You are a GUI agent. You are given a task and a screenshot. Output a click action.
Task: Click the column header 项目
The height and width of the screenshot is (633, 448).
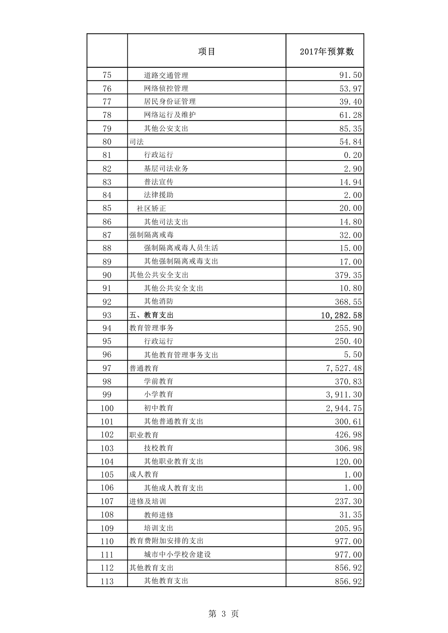[206, 52]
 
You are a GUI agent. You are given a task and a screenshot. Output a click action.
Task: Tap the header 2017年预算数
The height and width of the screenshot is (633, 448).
[326, 52]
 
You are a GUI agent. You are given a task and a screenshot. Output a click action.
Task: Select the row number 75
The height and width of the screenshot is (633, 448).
[107, 75]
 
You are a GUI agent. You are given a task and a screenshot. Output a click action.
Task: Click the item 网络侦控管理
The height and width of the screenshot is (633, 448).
[166, 88]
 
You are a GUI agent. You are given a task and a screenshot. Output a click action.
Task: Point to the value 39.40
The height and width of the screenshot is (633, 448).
[350, 102]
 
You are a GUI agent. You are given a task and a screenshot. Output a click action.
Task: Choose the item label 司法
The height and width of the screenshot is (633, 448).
[136, 142]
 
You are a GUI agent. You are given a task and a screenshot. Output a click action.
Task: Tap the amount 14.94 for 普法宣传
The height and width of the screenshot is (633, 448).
[350, 182]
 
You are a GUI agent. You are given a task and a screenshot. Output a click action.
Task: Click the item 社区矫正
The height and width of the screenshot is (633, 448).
[151, 208]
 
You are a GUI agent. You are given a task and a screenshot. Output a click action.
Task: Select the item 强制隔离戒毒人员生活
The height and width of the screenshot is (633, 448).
[181, 248]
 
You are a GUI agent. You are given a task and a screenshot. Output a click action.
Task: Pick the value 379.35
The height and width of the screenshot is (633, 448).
[348, 275]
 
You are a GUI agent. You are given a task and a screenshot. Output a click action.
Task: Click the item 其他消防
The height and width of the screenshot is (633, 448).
[158, 301]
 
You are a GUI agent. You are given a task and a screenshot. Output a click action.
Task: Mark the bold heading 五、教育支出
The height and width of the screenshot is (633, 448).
[151, 315]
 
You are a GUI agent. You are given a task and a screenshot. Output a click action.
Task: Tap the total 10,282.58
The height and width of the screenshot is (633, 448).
[341, 315]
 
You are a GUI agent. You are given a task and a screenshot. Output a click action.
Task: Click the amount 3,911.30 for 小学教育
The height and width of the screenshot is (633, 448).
[344, 395]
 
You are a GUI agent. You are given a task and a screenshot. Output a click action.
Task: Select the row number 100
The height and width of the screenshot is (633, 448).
[107, 408]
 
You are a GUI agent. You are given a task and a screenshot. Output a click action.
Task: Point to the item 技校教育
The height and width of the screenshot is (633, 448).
[158, 448]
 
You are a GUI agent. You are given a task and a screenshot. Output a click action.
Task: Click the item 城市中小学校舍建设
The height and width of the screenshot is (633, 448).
[177, 554]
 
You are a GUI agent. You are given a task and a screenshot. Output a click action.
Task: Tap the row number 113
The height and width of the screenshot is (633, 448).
[107, 581]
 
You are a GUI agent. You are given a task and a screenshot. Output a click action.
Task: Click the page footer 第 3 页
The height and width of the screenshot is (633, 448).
[223, 614]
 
